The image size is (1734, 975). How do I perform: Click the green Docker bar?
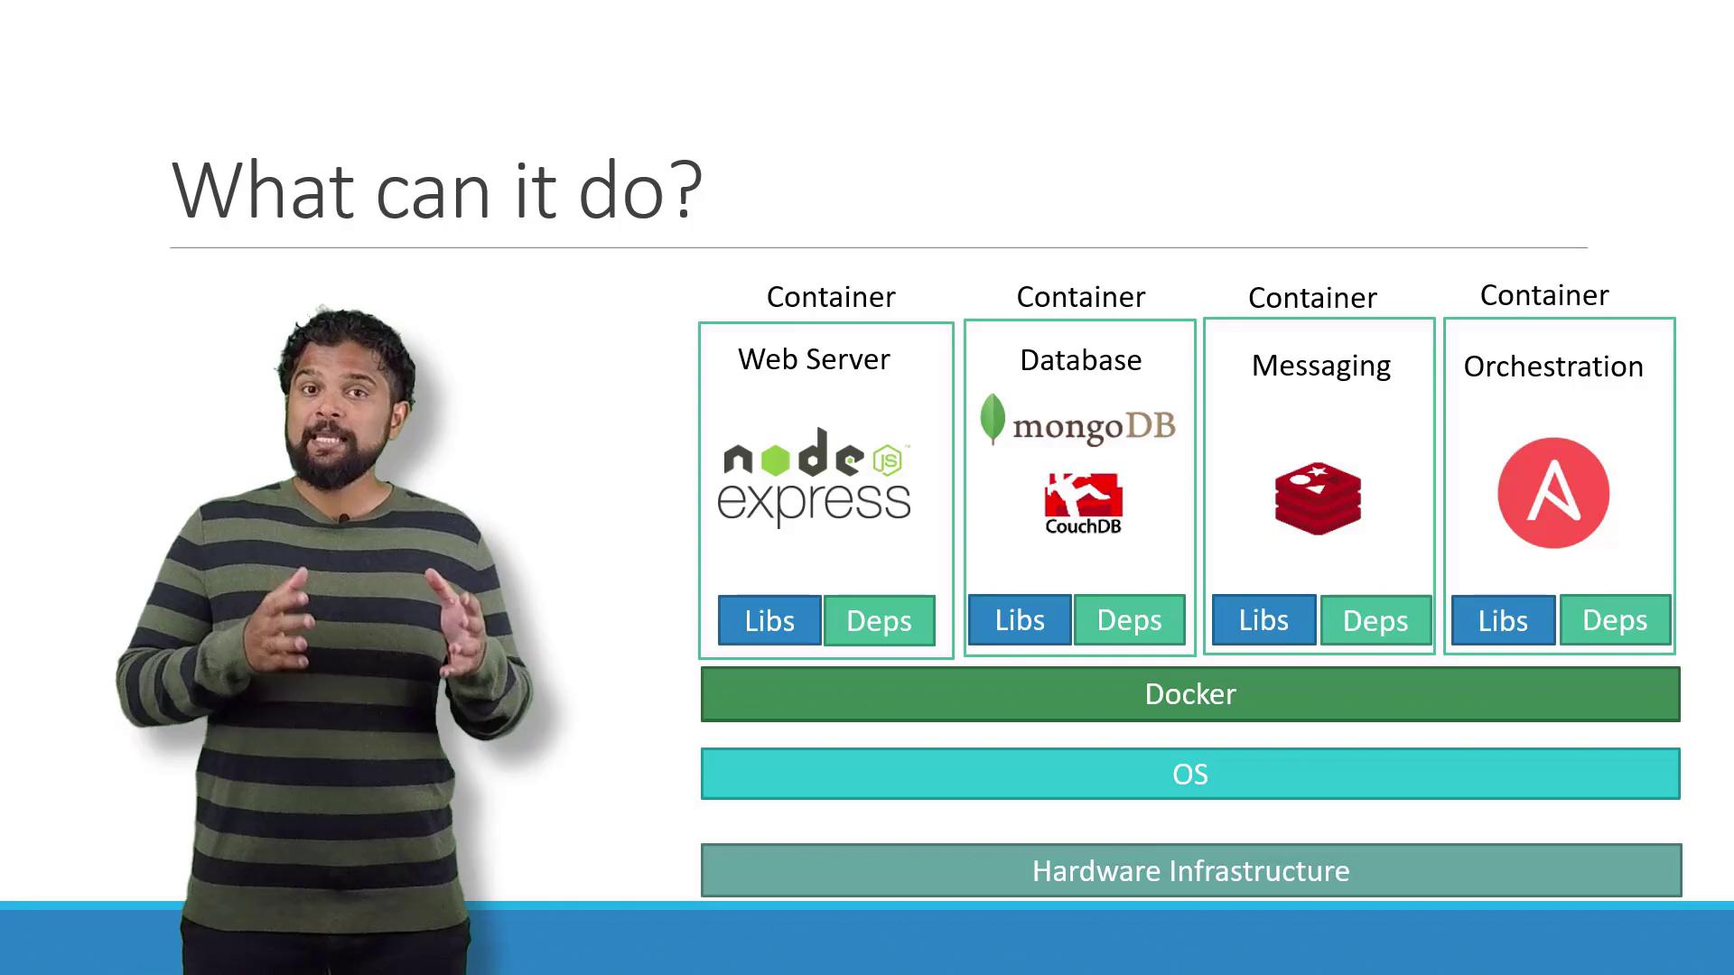point(1190,694)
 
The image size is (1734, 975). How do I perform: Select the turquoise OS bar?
point(1190,774)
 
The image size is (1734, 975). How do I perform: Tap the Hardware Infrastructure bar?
point(1191,870)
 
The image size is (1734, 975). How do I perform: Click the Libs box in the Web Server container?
point(769,620)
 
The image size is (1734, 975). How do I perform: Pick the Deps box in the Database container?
point(1129,619)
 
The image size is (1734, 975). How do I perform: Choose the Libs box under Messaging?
point(1263,619)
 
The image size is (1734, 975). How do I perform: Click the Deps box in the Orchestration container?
point(1615,619)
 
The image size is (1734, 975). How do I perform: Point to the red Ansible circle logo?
point(1553,493)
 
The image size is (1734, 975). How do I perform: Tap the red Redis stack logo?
point(1318,498)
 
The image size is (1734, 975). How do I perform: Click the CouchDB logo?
point(1083,504)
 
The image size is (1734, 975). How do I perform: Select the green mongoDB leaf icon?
point(993,419)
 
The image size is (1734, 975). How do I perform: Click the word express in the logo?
point(814,502)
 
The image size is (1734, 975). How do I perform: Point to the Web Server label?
point(814,359)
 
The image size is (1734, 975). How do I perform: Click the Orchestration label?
point(1553,367)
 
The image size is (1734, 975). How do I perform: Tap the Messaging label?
point(1320,367)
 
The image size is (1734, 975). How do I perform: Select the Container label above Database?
point(1081,297)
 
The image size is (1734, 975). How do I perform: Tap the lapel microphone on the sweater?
point(343,519)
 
